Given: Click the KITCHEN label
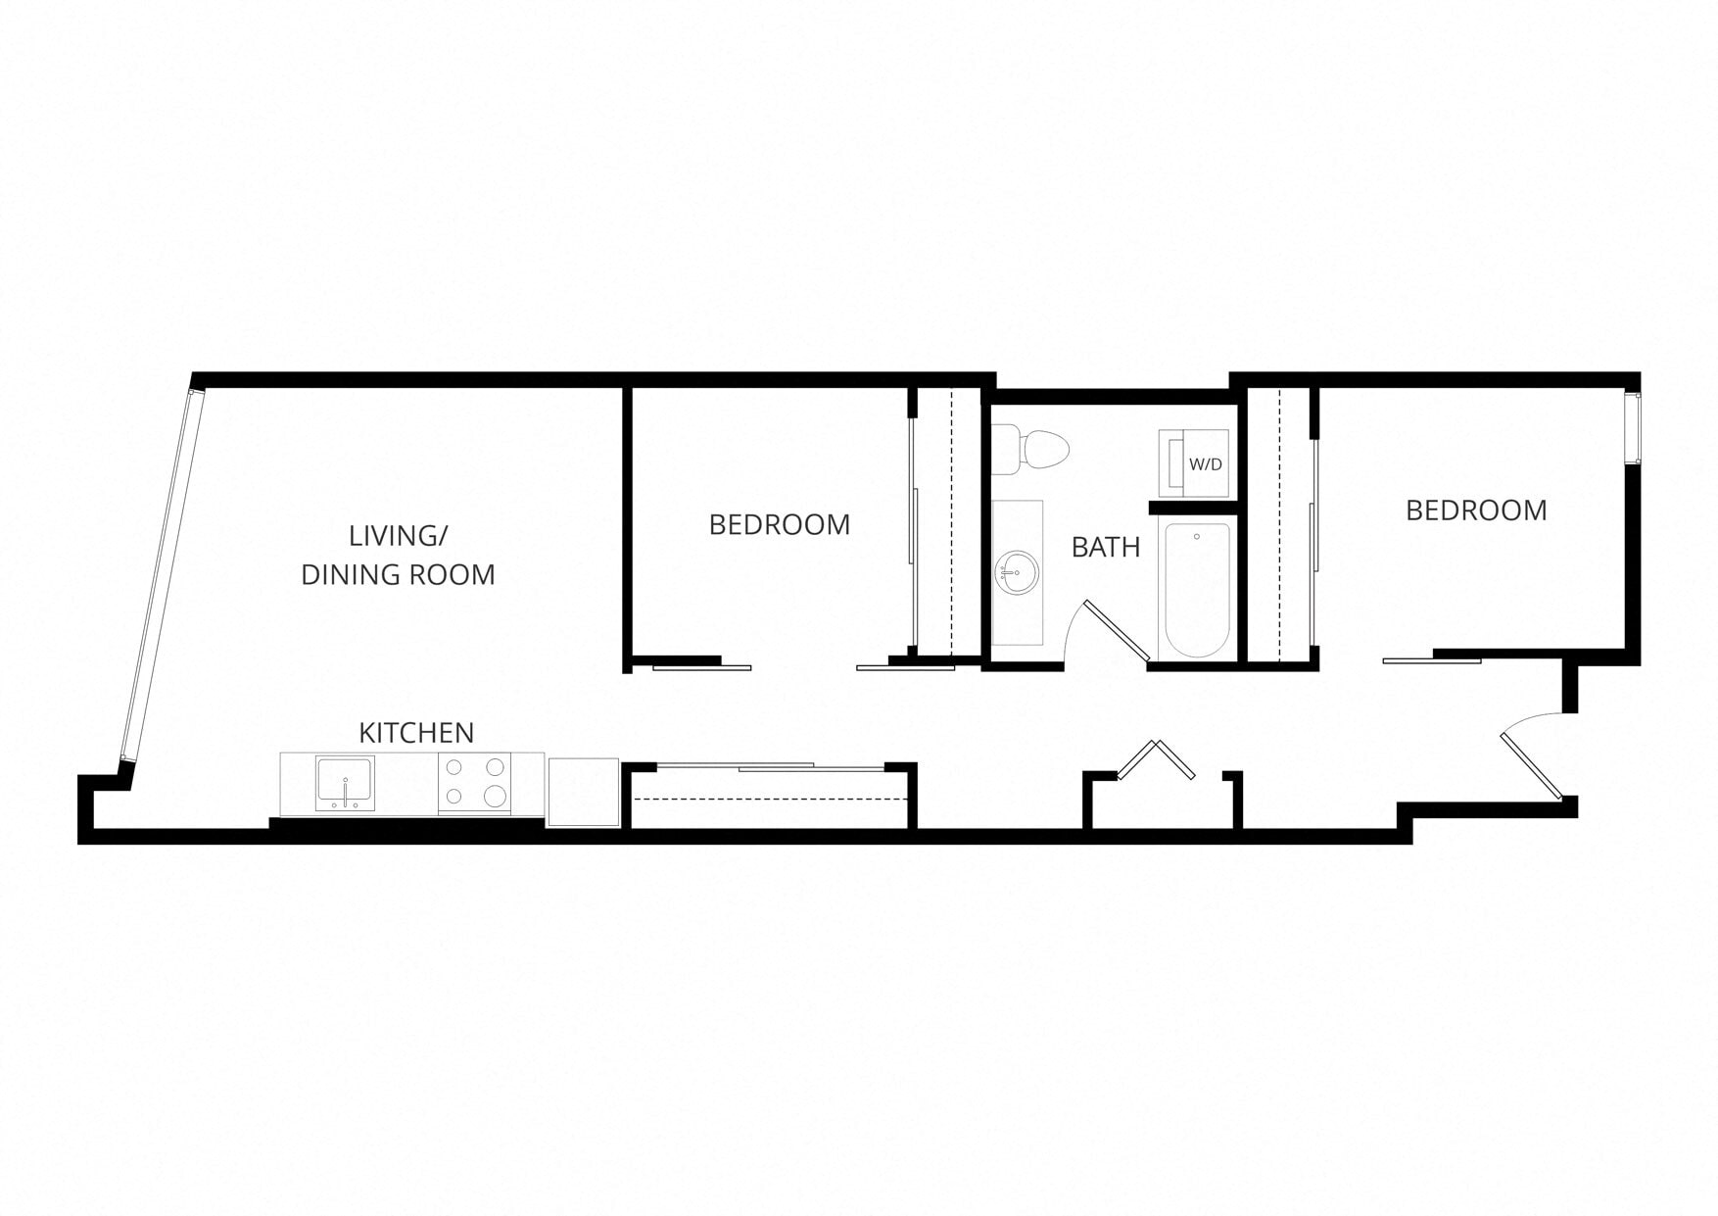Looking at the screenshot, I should (416, 733).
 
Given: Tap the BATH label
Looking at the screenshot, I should (1106, 547).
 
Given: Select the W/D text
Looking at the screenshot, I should (1206, 464).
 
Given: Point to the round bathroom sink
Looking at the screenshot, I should (1018, 572).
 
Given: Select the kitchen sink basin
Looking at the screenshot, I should (344, 782).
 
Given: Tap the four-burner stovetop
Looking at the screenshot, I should (474, 783).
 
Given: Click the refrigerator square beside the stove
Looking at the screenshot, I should (583, 791).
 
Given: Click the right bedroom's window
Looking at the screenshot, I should (1632, 428).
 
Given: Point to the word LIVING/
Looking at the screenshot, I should (398, 536).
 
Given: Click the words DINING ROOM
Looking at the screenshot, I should (398, 575).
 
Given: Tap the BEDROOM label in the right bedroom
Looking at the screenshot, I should (1476, 511).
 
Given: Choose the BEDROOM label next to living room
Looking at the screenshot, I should (779, 525).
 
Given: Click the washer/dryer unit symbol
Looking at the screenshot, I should (1192, 462).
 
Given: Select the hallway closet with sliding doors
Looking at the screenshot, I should (772, 798).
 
